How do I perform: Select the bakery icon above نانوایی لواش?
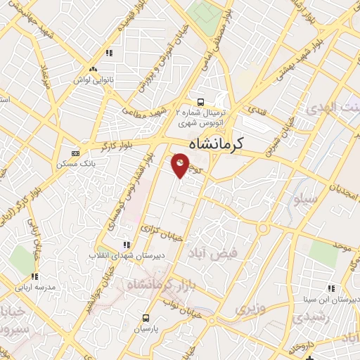(93, 69)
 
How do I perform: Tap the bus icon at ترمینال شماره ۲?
(201, 101)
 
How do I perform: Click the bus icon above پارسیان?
(146, 318)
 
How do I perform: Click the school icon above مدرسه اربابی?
(34, 276)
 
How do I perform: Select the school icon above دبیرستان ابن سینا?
(331, 288)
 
